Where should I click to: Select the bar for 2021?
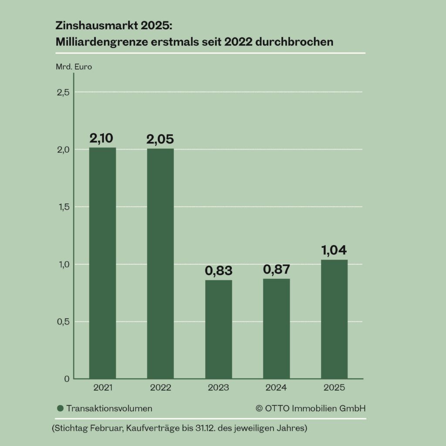pyautogui.click(x=102, y=263)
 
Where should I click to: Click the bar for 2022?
pyautogui.click(x=160, y=264)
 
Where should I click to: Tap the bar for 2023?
pyautogui.click(x=219, y=329)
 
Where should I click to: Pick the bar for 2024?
pyautogui.click(x=277, y=328)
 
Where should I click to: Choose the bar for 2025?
pyautogui.click(x=334, y=319)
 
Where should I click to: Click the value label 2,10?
pyautogui.click(x=101, y=139)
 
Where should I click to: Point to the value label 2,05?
pyautogui.click(x=160, y=139)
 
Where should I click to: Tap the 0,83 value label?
pyautogui.click(x=218, y=270)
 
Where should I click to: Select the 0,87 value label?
pyautogui.click(x=277, y=269)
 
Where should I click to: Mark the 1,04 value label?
pyautogui.click(x=334, y=250)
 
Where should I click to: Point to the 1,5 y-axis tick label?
pyautogui.click(x=63, y=207)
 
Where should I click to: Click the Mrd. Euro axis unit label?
pyautogui.click(x=74, y=67)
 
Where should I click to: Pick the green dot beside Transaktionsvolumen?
pyautogui.click(x=61, y=409)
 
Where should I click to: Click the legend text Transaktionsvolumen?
pyautogui.click(x=109, y=409)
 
